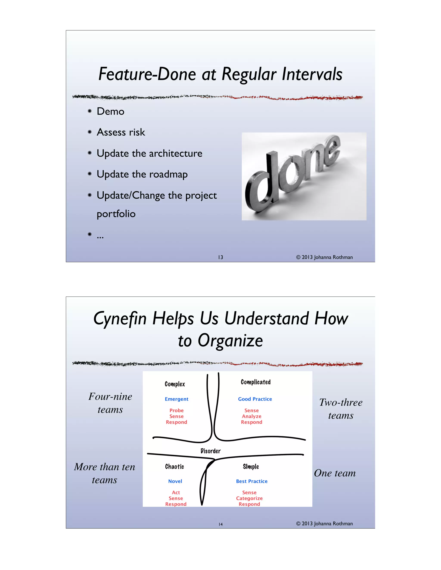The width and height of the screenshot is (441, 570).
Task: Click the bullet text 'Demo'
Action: point(110,111)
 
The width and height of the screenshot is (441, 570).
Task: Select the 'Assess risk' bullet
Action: point(121,132)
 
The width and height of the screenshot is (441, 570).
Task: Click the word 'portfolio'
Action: point(116,214)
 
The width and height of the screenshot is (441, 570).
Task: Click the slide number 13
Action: point(220,257)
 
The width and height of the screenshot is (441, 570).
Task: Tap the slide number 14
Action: point(220,524)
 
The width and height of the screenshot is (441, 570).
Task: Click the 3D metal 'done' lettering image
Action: point(304,176)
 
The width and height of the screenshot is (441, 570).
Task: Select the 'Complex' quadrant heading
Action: point(175,384)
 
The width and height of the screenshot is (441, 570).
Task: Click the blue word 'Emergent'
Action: point(176,399)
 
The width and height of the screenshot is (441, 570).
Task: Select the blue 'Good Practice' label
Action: point(255,399)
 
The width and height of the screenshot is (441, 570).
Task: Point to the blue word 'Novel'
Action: point(175,481)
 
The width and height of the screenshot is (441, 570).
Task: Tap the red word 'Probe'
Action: point(176,411)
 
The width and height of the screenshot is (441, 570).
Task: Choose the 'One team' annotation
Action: point(335,473)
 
